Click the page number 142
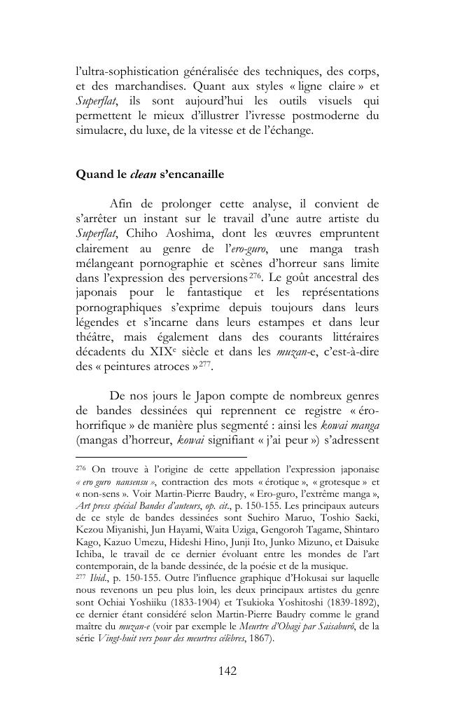pyautogui.click(x=227, y=671)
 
